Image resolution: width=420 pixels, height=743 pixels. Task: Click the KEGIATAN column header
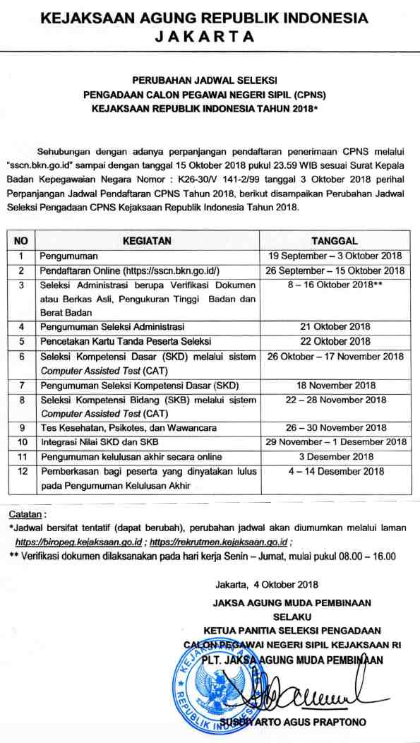pyautogui.click(x=147, y=241)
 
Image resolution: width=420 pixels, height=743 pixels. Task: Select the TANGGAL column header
pyautogui.click(x=335, y=241)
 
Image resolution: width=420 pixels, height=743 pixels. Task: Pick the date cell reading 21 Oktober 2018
pyautogui.click(x=335, y=327)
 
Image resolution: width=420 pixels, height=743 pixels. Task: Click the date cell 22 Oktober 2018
pyautogui.click(x=335, y=342)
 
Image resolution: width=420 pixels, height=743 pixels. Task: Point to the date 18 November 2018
pyautogui.click(x=335, y=386)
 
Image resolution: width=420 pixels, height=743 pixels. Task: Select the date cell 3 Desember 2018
pyautogui.click(x=335, y=457)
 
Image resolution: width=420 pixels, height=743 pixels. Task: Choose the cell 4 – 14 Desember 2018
pyautogui.click(x=335, y=472)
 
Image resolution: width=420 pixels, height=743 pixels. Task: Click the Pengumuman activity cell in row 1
pyautogui.click(x=69, y=256)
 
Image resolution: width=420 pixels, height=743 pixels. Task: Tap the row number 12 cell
pyautogui.click(x=22, y=472)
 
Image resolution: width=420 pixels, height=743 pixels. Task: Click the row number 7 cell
pyautogui.click(x=22, y=386)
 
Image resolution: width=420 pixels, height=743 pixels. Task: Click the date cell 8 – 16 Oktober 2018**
pyautogui.click(x=335, y=285)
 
